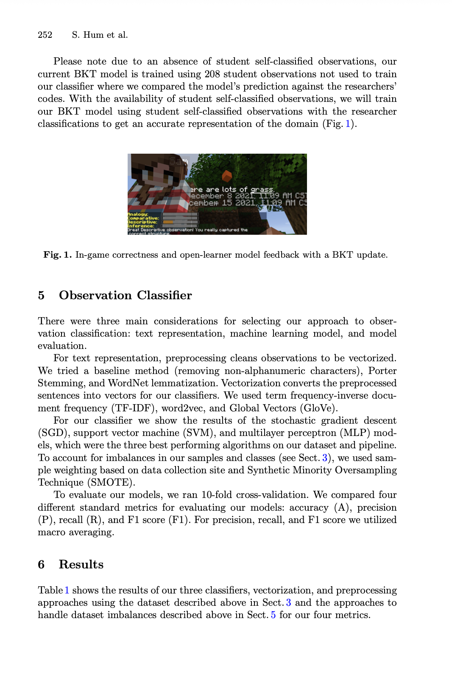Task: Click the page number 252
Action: (x=45, y=35)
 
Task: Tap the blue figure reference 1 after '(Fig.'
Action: (x=348, y=124)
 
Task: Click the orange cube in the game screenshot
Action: (x=227, y=175)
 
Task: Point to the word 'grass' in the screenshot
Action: (x=262, y=189)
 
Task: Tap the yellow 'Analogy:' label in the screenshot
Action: (x=138, y=214)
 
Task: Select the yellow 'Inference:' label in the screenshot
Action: (x=141, y=226)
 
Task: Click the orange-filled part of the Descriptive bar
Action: (x=168, y=222)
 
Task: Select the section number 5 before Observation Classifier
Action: (x=41, y=295)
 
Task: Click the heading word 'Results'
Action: (x=81, y=565)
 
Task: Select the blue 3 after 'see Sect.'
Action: (x=325, y=458)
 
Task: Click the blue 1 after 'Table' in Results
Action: (x=67, y=590)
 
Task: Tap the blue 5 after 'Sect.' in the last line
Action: (x=273, y=615)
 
